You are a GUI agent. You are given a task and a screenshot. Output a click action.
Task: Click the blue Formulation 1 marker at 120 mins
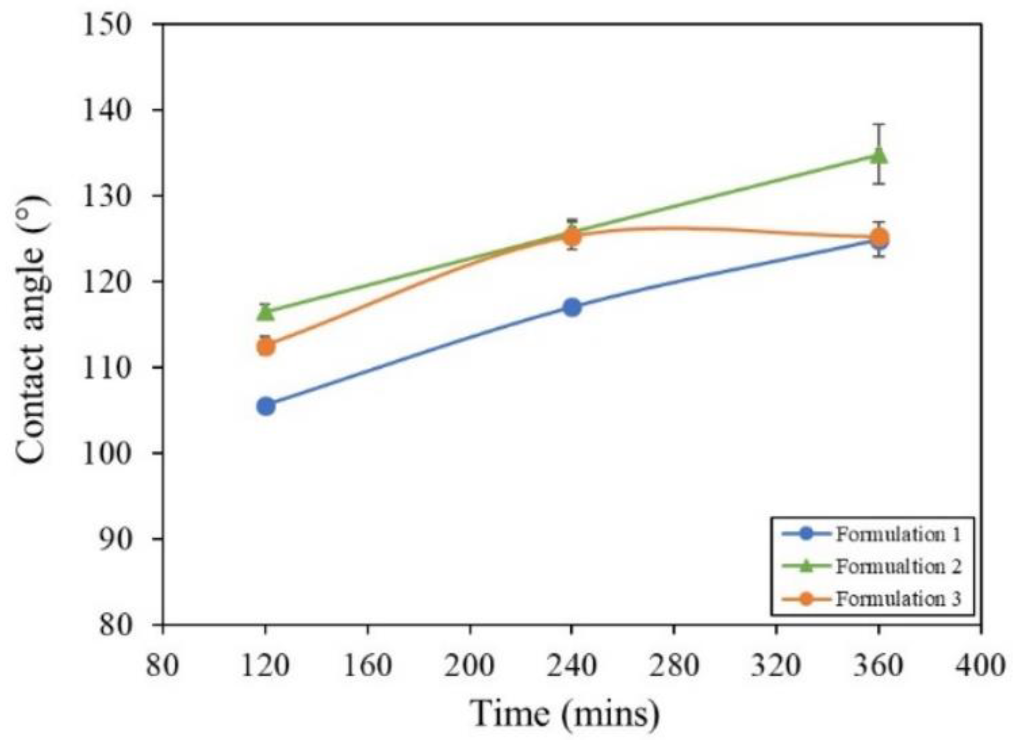click(x=266, y=406)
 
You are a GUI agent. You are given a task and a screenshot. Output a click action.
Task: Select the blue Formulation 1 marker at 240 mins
click(x=572, y=307)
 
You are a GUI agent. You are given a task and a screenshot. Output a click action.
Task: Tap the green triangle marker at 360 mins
click(x=879, y=156)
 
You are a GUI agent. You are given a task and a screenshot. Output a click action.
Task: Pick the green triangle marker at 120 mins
click(x=266, y=312)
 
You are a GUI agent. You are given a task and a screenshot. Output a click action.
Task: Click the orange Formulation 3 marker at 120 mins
click(x=266, y=346)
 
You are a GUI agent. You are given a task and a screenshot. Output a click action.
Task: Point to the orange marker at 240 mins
click(x=572, y=236)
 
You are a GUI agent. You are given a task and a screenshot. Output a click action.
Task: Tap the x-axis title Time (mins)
click(x=565, y=714)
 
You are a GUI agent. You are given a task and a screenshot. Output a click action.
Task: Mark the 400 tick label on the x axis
click(x=980, y=665)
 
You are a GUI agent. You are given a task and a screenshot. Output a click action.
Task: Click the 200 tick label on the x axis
click(x=469, y=665)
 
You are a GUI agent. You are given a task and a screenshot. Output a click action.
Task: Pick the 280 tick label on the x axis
click(x=674, y=665)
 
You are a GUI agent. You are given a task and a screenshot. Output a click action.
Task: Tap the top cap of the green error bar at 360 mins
click(x=879, y=124)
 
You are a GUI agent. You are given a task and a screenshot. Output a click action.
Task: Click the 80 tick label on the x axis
click(x=162, y=665)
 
